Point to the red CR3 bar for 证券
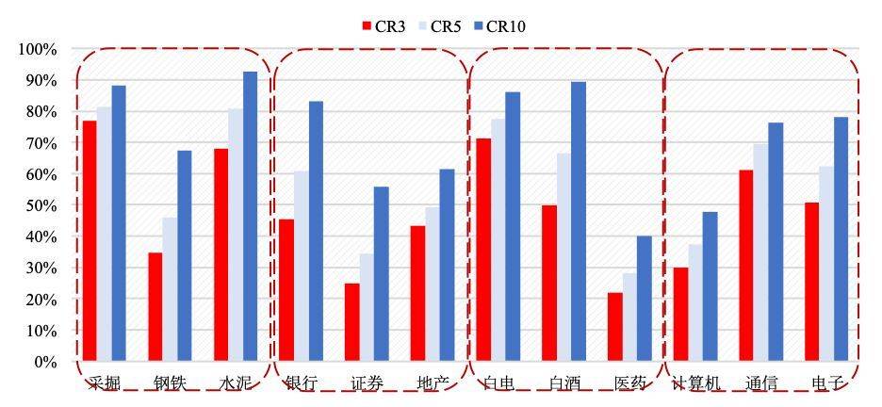coord(351,322)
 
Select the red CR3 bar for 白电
coord(483,250)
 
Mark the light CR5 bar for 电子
coord(826,264)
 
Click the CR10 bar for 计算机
coord(710,286)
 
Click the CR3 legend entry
coord(383,26)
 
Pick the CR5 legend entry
coord(439,26)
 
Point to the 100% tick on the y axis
coord(39,49)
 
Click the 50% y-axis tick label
coord(41,205)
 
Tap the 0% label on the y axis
coord(46,362)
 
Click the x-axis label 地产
coord(432,383)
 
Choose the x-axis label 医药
coord(629,383)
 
